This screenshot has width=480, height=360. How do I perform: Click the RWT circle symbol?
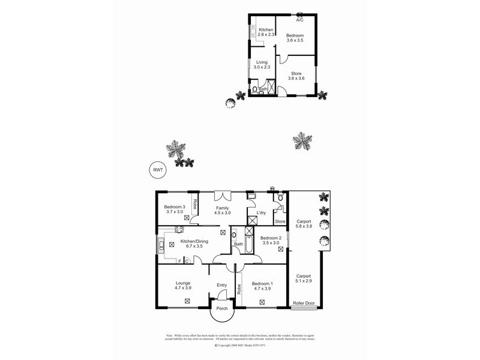(x=158, y=170)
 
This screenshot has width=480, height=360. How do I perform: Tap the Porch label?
(x=222, y=310)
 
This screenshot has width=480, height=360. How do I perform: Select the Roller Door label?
(x=304, y=304)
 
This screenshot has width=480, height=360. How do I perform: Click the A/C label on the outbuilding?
(x=300, y=20)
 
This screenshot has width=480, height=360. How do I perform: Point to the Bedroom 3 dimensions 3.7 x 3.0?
(x=175, y=212)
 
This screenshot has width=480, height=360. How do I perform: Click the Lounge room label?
(x=183, y=283)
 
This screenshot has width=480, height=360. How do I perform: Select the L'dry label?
(x=261, y=213)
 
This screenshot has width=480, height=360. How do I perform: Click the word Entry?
(x=222, y=285)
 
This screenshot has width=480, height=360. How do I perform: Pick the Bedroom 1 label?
(x=262, y=283)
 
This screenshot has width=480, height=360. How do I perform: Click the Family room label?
(x=223, y=208)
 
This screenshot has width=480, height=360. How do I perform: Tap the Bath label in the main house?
(x=238, y=244)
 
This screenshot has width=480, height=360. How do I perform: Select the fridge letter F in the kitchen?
(x=179, y=261)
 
